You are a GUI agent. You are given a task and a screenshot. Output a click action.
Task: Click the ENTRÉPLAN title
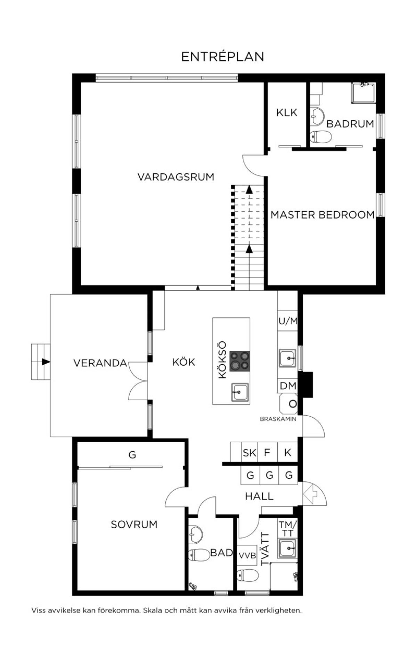click(x=223, y=57)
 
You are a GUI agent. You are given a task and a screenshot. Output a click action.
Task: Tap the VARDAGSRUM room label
click(x=176, y=177)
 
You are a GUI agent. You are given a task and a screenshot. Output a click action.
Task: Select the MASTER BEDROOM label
click(x=322, y=215)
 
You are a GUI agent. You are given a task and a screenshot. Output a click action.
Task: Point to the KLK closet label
click(x=287, y=112)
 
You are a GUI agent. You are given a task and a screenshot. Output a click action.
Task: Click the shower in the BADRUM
click(x=363, y=93)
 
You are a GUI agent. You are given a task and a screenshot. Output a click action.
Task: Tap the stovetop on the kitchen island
click(x=240, y=361)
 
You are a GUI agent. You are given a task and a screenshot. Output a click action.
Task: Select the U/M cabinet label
click(x=288, y=321)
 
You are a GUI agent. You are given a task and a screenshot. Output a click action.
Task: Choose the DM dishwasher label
click(x=288, y=385)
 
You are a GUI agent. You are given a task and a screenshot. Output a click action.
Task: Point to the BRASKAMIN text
click(x=278, y=419)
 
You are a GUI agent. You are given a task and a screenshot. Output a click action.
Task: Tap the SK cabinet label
click(x=250, y=452)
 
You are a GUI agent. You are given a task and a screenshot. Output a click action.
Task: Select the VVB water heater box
click(x=247, y=555)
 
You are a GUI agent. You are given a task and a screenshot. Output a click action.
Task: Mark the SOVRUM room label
click(x=134, y=524)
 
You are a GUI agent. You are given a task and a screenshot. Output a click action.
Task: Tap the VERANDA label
click(x=100, y=363)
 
